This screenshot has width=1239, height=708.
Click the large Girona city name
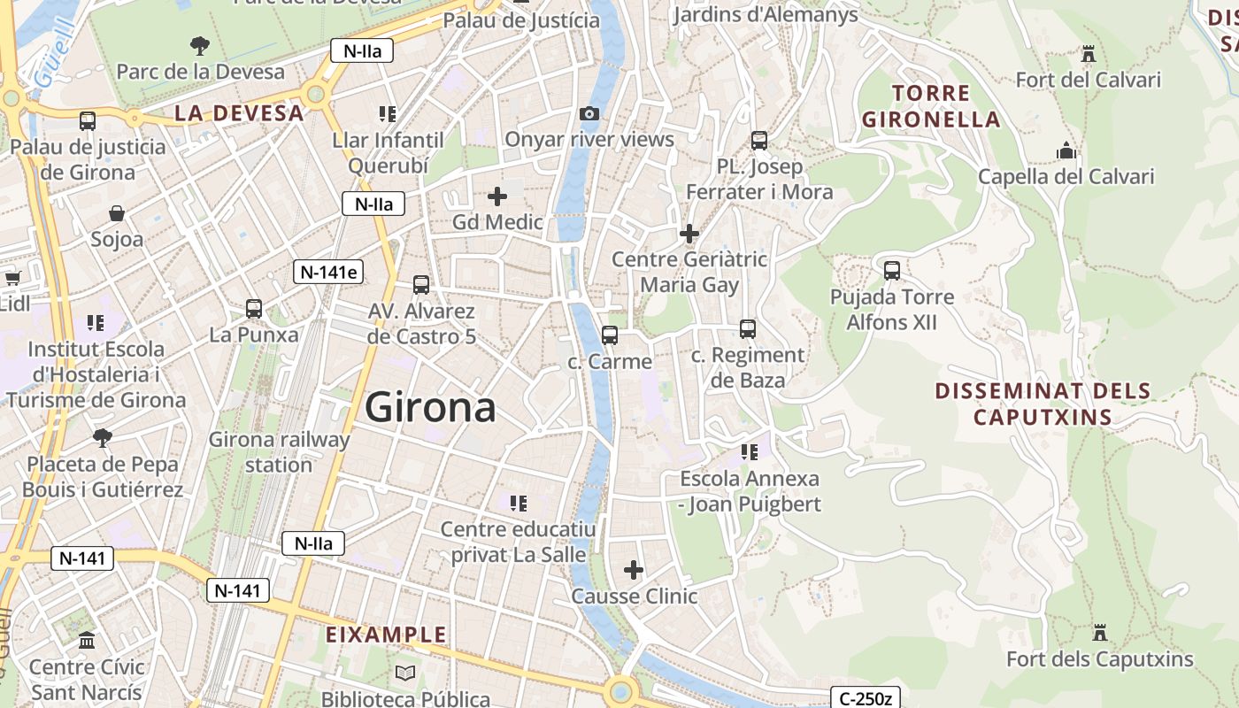430,408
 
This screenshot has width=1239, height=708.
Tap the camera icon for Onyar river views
589,113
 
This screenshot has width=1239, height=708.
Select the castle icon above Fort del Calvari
1089,55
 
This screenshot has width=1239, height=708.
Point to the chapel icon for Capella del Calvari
1066,151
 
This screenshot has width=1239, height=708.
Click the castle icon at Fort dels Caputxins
1100,634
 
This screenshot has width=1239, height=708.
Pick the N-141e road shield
329,272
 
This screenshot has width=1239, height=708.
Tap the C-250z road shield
865,698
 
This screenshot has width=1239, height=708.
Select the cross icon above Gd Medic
497,196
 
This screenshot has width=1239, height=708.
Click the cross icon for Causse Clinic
634,570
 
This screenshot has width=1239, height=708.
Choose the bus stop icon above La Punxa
254,309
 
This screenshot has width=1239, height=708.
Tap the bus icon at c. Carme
609,335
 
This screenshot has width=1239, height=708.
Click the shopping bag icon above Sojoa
117,213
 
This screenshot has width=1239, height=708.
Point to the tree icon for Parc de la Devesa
200,45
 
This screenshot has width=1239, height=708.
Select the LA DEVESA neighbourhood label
239,113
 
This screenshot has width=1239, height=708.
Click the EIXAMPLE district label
386,635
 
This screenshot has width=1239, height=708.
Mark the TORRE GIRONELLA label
931,106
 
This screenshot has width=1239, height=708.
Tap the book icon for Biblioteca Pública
404,673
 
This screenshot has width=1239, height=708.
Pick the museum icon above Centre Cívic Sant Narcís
87,640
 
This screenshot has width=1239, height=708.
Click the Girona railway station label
279,452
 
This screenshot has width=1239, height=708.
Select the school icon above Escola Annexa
750,452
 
